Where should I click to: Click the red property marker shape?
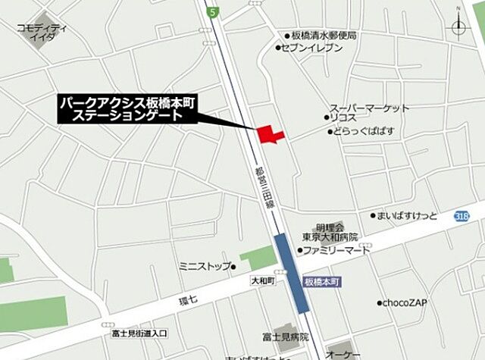269,134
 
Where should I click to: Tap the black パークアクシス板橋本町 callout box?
127,109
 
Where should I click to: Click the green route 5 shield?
214,11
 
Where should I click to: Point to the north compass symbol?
460,27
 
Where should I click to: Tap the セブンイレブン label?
311,48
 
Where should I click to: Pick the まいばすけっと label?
408,215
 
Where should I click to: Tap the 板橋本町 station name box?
324,281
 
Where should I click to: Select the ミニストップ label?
202,266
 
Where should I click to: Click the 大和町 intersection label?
262,280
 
